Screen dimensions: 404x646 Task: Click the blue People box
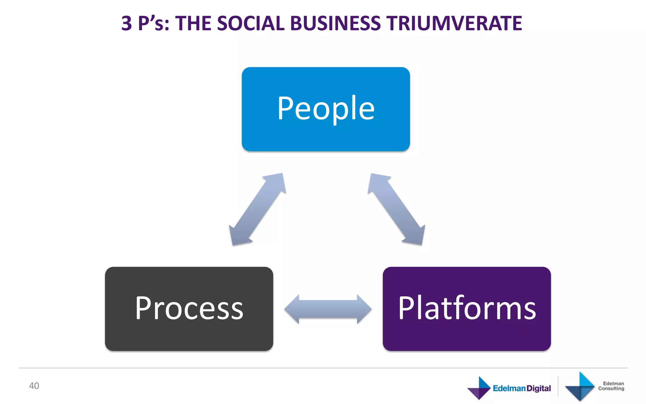326,109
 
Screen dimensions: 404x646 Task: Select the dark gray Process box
189,309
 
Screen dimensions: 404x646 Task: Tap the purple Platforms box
467,309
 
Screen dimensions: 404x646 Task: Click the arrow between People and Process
257,209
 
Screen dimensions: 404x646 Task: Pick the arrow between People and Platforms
396,209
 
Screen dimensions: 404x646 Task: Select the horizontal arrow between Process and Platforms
328,309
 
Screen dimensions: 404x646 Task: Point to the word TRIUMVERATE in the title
455,24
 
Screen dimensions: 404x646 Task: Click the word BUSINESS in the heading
335,24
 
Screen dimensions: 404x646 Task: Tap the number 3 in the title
126,24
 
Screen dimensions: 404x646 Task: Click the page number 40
34,386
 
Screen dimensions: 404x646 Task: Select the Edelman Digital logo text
522,388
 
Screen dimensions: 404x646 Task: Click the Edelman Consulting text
611,386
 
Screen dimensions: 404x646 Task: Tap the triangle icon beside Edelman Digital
479,388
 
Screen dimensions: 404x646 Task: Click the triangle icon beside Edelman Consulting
580,387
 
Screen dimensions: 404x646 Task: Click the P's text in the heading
154,24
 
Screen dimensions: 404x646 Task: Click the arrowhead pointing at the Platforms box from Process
364,309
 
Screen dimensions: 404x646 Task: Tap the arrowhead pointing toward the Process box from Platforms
292,309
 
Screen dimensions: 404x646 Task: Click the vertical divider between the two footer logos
558,386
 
